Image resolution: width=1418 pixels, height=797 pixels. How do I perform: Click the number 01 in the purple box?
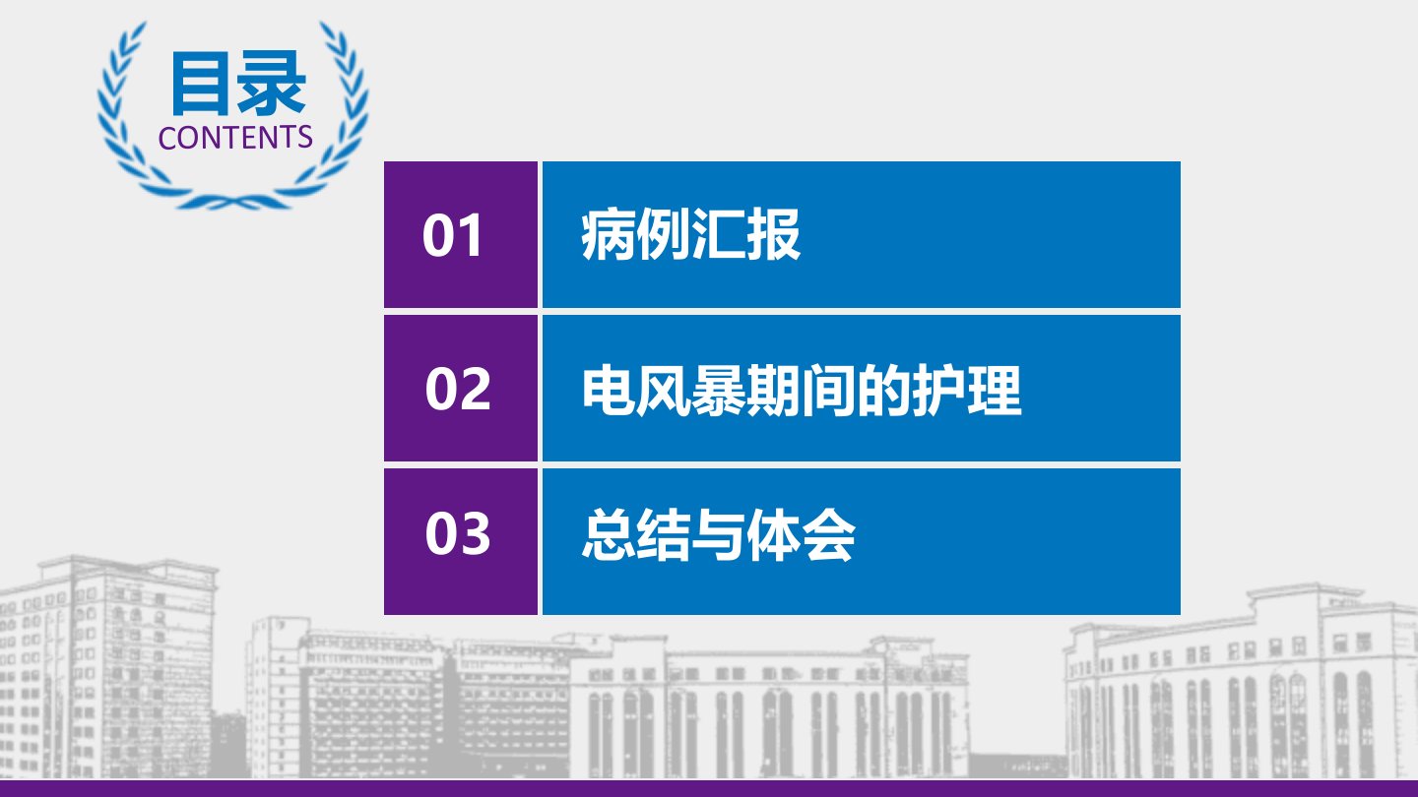[x=452, y=234]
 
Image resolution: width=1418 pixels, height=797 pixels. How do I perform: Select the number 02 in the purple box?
[x=458, y=389]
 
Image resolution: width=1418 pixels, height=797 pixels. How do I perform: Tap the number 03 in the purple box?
[x=458, y=533]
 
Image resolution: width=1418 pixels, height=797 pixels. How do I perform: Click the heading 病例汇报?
[x=690, y=234]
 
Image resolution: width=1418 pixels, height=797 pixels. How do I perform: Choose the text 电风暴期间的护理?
[x=802, y=390]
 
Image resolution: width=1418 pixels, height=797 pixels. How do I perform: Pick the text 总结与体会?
[x=719, y=535]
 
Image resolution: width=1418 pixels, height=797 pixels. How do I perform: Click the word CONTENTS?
[x=235, y=138]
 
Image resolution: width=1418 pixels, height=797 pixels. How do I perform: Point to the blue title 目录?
[x=238, y=84]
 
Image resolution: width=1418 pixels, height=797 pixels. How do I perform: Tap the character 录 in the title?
[x=272, y=84]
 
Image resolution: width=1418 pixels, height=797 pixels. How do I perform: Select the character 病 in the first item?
[x=608, y=234]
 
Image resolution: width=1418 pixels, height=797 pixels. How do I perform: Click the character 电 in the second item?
[x=609, y=390]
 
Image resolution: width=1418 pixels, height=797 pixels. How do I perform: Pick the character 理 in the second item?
[x=995, y=390]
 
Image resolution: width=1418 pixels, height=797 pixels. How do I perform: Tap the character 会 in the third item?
[x=829, y=535]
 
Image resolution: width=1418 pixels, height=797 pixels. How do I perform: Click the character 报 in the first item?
[x=774, y=234]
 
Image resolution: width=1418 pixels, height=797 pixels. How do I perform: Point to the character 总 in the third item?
[x=609, y=535]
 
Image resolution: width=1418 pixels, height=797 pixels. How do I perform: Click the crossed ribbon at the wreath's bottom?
[x=234, y=201]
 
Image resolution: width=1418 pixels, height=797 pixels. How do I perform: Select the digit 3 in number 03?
[x=475, y=533]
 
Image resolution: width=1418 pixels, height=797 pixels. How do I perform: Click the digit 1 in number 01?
[x=471, y=234]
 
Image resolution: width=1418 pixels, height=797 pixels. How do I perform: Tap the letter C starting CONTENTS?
[x=167, y=138]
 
